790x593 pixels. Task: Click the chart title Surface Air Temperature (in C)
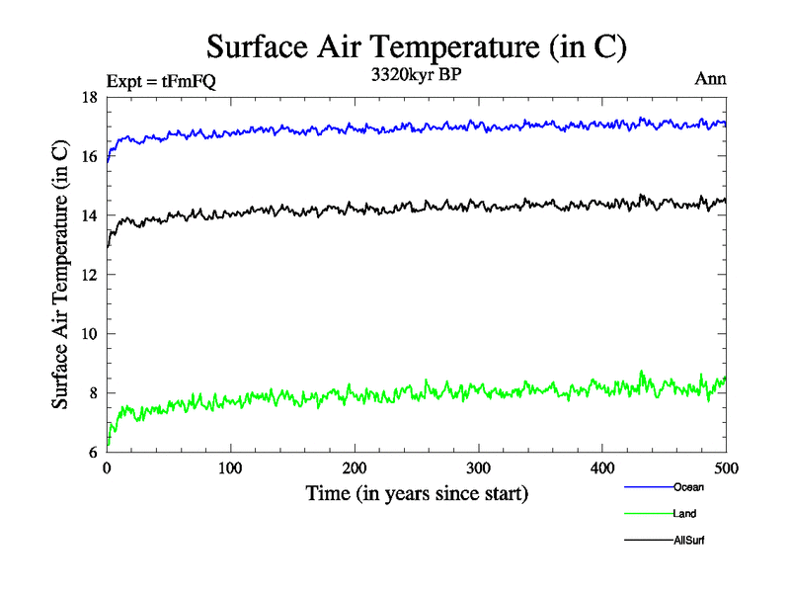(x=416, y=47)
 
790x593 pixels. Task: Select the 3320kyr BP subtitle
(x=416, y=76)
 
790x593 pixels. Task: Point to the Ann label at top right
(x=711, y=79)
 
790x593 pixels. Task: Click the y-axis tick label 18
(x=89, y=98)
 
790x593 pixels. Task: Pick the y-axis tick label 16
(x=89, y=157)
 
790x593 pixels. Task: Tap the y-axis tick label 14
(x=89, y=216)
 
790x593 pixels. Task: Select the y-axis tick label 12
(x=89, y=276)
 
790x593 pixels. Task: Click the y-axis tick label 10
(x=89, y=334)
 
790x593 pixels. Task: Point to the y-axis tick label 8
(x=93, y=393)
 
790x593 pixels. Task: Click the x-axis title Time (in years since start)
(x=417, y=493)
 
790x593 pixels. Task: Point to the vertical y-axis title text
(x=61, y=275)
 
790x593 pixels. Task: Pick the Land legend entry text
(x=686, y=514)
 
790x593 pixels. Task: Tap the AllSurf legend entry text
(x=689, y=541)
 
